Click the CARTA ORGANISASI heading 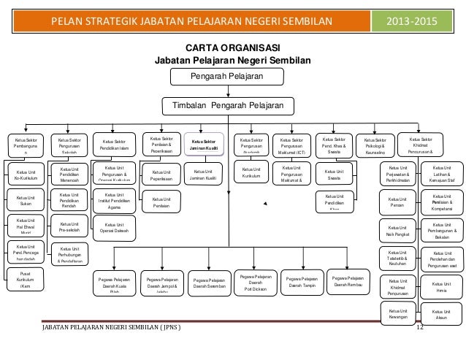click(232, 47)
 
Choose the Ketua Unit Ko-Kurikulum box click(26, 175)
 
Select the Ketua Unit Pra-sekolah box click(70, 228)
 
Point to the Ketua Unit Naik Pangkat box click(398, 230)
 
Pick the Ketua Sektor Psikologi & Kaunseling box click(375, 144)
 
